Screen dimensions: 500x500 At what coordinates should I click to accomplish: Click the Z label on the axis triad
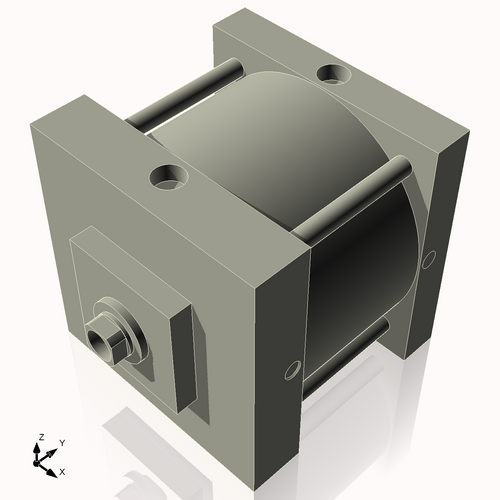(x=40, y=437)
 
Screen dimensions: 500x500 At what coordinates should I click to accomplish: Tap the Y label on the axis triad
(x=61, y=442)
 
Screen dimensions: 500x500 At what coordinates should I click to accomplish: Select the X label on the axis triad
(x=63, y=470)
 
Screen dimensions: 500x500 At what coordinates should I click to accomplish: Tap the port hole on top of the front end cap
(x=169, y=178)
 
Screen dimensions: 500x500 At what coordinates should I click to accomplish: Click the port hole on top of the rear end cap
(x=331, y=73)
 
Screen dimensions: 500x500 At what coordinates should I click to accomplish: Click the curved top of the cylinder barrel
(x=260, y=130)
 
